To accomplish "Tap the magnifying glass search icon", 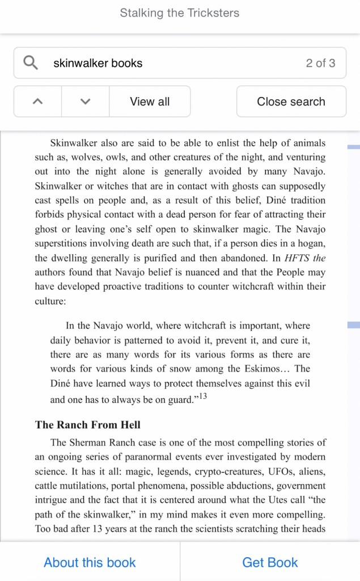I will click(x=31, y=62).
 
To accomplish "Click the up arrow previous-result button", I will click(x=38, y=102).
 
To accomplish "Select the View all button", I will click(x=150, y=102).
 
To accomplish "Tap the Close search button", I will click(x=291, y=102).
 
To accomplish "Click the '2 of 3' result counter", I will click(x=320, y=63).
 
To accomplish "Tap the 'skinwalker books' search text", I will click(x=98, y=63).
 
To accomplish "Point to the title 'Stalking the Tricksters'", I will click(x=180, y=13).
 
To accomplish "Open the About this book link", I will click(x=90, y=562).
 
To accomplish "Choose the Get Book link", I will click(x=270, y=562).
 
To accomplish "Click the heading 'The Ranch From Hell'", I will click(x=88, y=424).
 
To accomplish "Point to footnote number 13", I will click(x=202, y=397).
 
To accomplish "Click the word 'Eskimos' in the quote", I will click(x=261, y=369).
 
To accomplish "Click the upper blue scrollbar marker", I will click(x=353, y=147).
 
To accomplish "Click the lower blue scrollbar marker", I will click(x=353, y=325).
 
